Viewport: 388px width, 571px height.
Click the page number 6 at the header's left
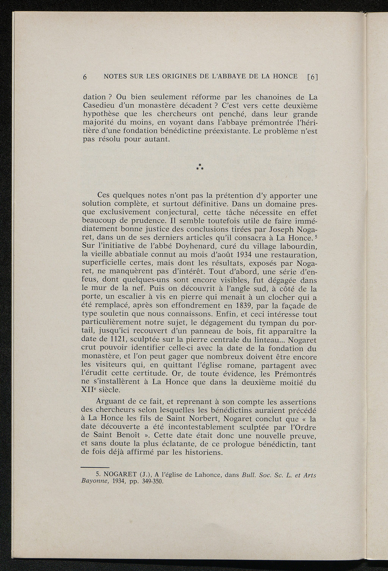click(x=85, y=77)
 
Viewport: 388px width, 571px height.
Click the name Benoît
click(x=125, y=436)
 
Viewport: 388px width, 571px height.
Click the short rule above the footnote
click(x=95, y=468)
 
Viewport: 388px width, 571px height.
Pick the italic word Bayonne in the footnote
click(x=95, y=482)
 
